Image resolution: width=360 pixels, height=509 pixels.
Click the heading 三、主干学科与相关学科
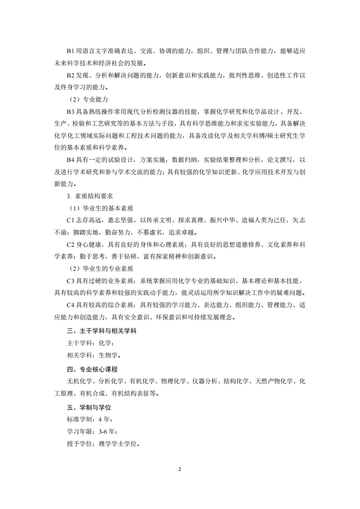click(95, 331)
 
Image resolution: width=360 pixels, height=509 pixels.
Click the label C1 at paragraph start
click(70, 221)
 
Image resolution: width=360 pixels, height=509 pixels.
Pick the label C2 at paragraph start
click(70, 245)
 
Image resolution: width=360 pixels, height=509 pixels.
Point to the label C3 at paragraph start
click(70, 281)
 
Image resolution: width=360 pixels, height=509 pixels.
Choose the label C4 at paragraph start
click(70, 305)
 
